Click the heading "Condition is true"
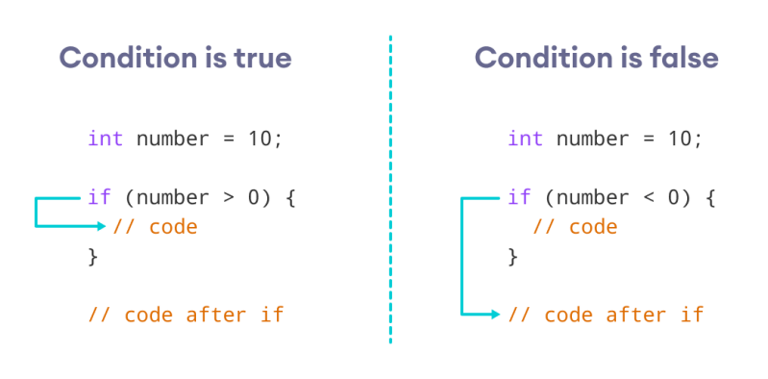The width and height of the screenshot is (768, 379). [175, 59]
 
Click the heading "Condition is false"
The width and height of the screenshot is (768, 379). [596, 59]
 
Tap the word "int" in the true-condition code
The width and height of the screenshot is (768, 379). [105, 138]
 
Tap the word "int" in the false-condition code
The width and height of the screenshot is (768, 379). [526, 138]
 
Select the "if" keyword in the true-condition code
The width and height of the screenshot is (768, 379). [99, 198]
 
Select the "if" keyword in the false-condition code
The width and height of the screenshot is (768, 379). [519, 198]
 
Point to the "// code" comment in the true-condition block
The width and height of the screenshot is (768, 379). [155, 227]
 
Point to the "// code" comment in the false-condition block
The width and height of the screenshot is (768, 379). [575, 227]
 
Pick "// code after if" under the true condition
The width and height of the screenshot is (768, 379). [186, 314]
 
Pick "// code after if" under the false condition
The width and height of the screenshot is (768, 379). [606, 314]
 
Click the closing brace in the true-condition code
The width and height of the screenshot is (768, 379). [93, 256]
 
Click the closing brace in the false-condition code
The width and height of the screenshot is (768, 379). [513, 256]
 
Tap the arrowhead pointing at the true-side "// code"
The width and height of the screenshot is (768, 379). [102, 227]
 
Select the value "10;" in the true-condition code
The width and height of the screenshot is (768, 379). [265, 138]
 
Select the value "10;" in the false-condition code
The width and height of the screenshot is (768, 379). [685, 138]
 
